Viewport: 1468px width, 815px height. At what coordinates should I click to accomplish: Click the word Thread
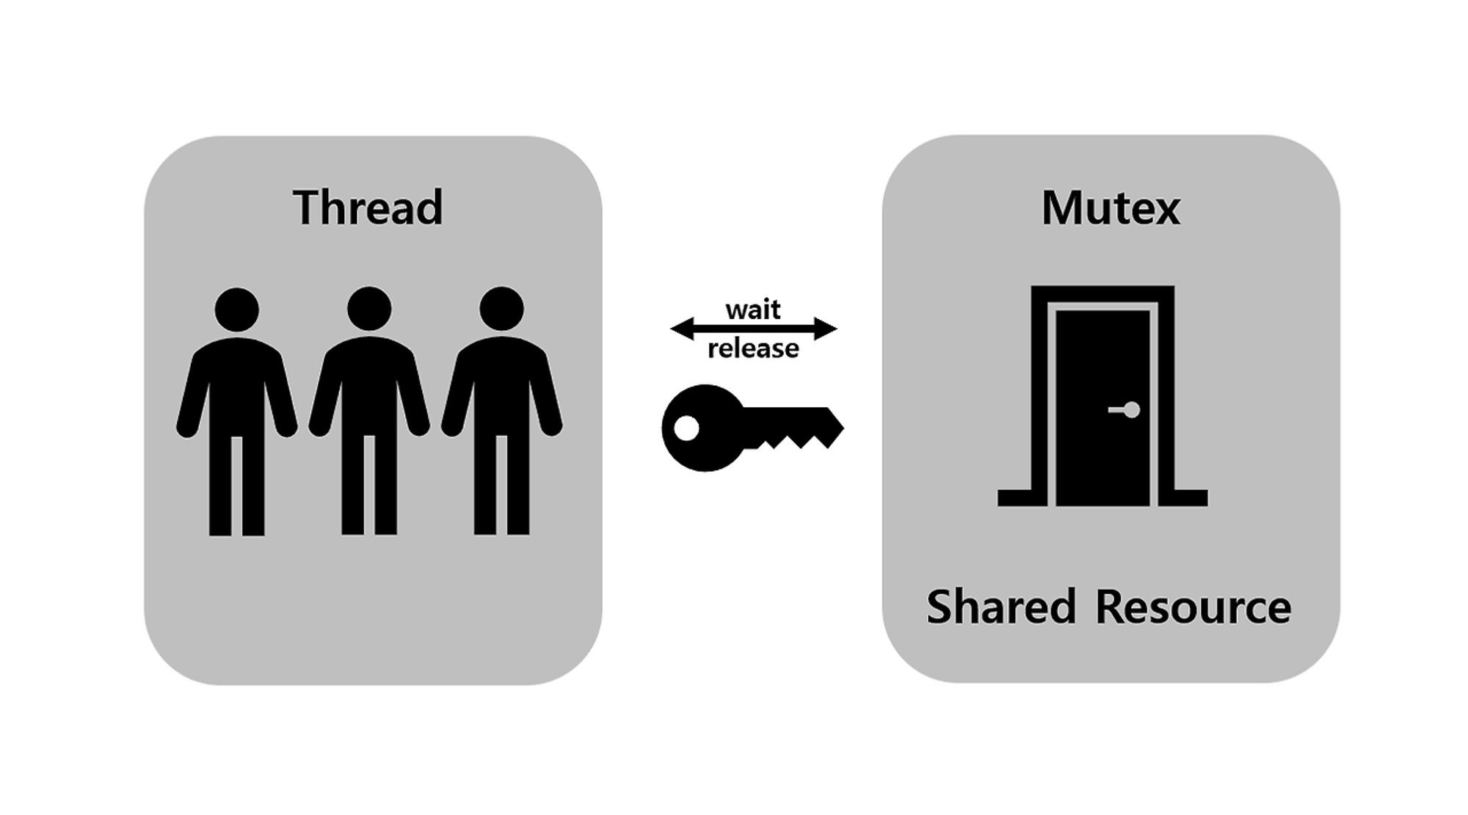click(x=368, y=208)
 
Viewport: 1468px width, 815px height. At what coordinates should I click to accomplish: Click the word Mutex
click(x=1111, y=208)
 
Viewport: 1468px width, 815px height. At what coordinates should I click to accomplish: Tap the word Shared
click(x=1000, y=607)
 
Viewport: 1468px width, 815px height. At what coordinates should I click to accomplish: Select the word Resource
click(x=1193, y=607)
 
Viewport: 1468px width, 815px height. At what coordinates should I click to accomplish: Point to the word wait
click(x=753, y=310)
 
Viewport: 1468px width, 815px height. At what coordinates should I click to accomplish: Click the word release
click(x=753, y=348)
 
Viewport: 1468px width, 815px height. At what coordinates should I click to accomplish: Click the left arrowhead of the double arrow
click(x=681, y=329)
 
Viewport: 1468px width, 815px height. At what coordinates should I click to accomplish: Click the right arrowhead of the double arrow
click(x=826, y=329)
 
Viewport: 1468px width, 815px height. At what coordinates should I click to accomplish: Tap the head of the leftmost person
click(x=236, y=309)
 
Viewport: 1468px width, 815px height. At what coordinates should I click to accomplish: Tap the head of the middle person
click(x=369, y=308)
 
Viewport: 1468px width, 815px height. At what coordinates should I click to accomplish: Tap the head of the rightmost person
click(x=501, y=308)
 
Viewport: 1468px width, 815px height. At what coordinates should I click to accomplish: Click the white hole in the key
click(x=686, y=428)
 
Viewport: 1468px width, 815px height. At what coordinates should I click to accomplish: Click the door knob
click(x=1131, y=409)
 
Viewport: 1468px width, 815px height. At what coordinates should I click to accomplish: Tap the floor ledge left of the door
click(x=1016, y=497)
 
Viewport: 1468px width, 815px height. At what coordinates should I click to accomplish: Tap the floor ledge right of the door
click(x=1190, y=497)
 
